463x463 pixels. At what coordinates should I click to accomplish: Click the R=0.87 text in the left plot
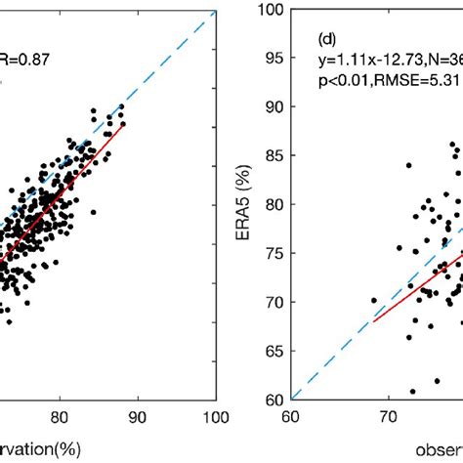[29, 59]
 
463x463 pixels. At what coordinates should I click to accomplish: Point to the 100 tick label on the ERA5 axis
[274, 11]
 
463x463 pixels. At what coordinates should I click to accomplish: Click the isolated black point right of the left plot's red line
[93, 212]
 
